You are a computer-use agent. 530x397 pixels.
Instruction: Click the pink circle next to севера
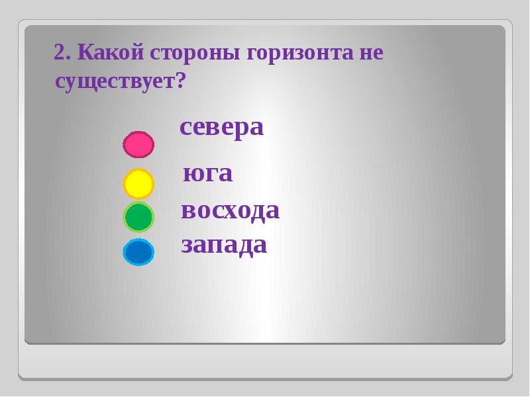tap(138, 144)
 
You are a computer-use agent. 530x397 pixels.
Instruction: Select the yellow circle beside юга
tap(138, 184)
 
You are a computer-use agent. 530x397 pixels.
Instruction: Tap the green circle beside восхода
tap(138, 217)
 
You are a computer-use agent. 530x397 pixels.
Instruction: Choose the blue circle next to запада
tap(138, 252)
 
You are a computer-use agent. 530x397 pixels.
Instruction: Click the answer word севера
tap(221, 127)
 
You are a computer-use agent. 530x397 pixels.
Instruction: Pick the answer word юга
tap(207, 173)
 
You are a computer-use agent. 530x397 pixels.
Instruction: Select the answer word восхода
tap(230, 210)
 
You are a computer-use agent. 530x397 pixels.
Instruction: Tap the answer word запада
tap(224, 245)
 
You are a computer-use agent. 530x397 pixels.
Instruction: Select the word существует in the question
tap(113, 83)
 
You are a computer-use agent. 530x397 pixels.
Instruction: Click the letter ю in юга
tap(191, 173)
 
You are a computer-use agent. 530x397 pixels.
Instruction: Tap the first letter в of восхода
tap(188, 211)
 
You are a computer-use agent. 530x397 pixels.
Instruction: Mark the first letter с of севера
tap(185, 128)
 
